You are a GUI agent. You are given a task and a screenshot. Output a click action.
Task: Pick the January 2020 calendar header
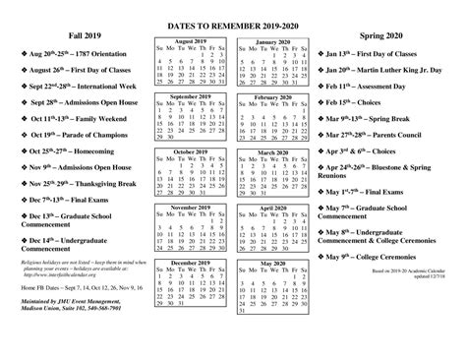click(x=277, y=43)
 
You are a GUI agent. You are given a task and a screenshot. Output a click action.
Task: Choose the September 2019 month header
click(x=190, y=97)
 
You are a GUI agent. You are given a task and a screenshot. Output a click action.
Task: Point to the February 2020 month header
click(x=277, y=97)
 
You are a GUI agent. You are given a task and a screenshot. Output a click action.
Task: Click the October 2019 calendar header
click(x=190, y=152)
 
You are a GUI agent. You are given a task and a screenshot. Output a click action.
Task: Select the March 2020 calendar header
click(x=277, y=152)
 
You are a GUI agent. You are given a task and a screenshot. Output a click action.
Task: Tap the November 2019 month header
click(x=190, y=209)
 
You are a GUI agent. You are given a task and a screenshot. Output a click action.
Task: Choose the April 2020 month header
click(x=277, y=209)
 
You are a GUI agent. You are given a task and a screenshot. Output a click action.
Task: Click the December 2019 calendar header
click(x=190, y=263)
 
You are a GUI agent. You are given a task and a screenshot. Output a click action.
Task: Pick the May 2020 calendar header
click(x=277, y=263)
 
